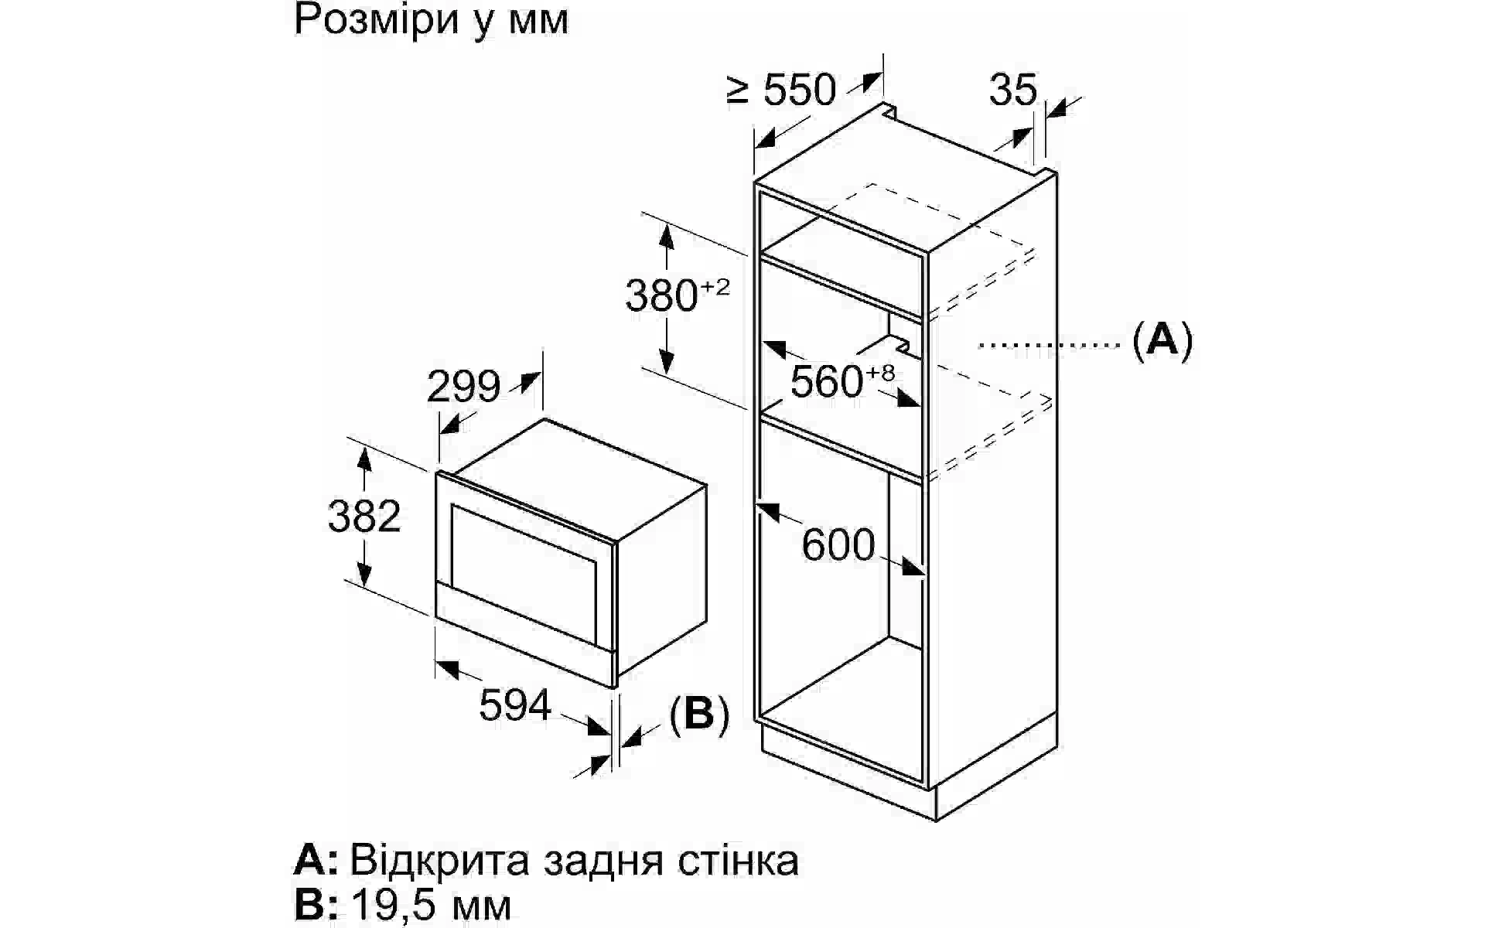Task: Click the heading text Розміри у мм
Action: tap(431, 20)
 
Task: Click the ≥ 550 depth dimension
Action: tap(783, 90)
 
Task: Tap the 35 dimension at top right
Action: tap(1012, 90)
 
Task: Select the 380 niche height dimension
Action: tap(661, 296)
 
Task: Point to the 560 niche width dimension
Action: tap(826, 381)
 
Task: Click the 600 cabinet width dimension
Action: tap(838, 544)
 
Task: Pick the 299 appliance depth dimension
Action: tap(463, 387)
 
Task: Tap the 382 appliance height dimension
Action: tap(364, 517)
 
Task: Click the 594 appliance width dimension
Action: tap(515, 705)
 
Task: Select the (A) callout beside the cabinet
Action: tap(1162, 339)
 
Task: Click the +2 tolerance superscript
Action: tap(715, 288)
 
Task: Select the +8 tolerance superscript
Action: tap(880, 373)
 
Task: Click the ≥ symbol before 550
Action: tap(738, 90)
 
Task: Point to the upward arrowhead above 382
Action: tap(364, 458)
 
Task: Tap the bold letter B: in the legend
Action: tap(316, 905)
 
